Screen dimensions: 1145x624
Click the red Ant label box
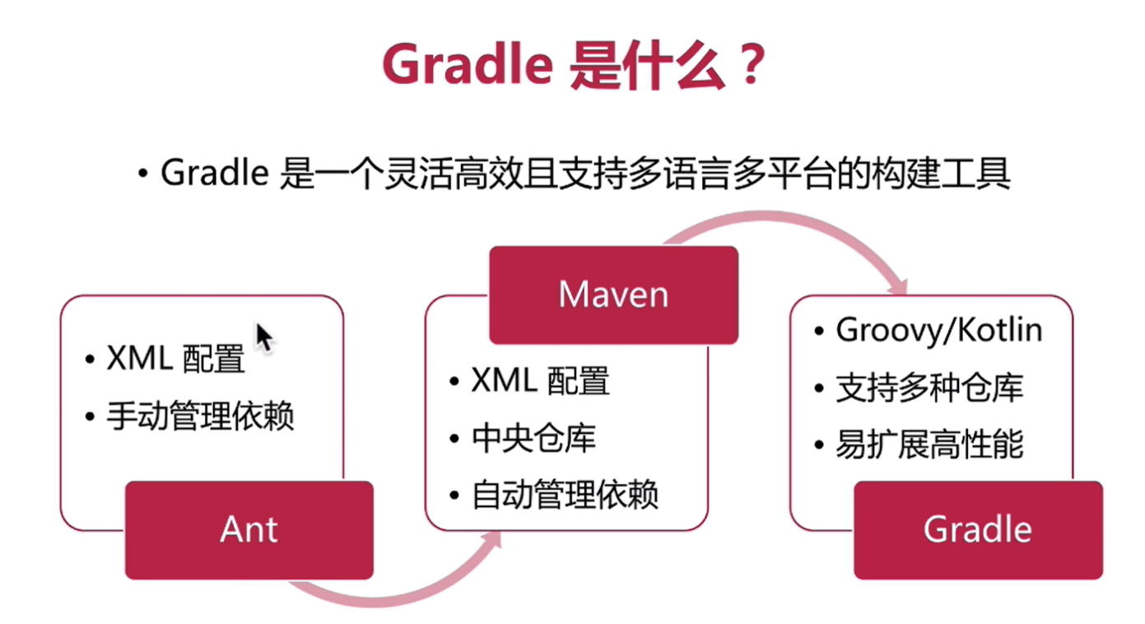(249, 530)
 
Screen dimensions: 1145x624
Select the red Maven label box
(613, 295)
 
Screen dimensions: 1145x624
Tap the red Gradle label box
(978, 530)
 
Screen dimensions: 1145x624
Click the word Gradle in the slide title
(468, 65)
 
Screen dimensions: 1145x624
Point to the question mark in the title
(751, 64)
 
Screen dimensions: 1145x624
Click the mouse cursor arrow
(264, 338)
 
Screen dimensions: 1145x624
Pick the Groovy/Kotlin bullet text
(939, 330)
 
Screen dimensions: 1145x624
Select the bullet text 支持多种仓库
(929, 388)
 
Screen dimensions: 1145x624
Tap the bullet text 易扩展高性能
(929, 445)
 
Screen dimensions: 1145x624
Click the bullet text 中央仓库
(533, 439)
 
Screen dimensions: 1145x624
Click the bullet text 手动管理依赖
(200, 416)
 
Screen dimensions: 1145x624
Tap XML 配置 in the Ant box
(176, 359)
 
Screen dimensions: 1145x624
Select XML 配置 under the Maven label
(540, 381)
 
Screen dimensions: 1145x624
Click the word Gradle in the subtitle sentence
(215, 173)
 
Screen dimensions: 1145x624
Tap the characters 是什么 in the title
(647, 65)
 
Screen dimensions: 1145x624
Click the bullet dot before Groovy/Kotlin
(819, 331)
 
